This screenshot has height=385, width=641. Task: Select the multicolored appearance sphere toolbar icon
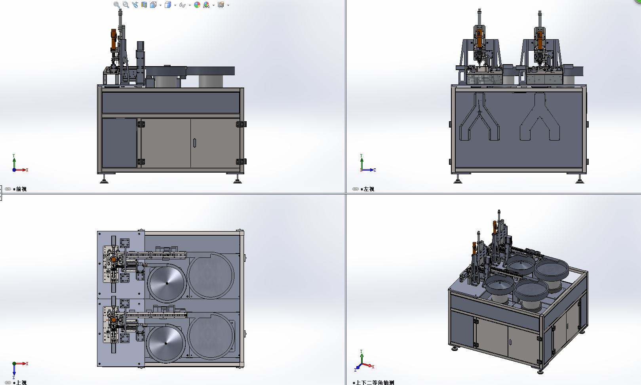tap(197, 5)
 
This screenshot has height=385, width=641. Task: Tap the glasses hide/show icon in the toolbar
tap(182, 5)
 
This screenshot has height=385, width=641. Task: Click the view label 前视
tap(21, 189)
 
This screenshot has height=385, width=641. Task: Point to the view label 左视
tap(369, 189)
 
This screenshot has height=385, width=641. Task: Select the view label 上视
tap(21, 382)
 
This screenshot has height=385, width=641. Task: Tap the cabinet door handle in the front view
tap(194, 143)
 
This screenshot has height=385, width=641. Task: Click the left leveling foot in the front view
tap(104, 180)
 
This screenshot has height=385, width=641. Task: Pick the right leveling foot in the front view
tap(237, 180)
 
